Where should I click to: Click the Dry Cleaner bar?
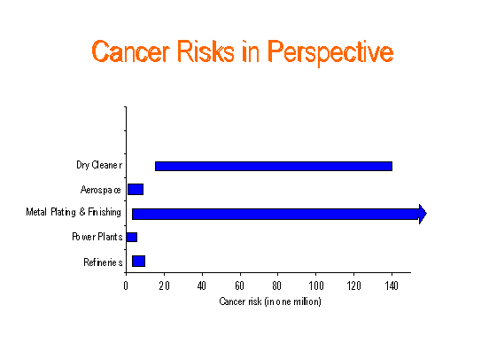(274, 166)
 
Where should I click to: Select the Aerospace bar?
(136, 189)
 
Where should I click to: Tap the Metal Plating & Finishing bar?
(275, 214)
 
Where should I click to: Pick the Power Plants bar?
(132, 237)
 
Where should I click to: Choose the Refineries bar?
(139, 261)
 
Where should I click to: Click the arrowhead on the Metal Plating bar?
(423, 214)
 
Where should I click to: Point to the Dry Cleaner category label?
(99, 165)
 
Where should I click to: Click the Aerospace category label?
(101, 190)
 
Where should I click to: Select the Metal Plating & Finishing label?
(74, 212)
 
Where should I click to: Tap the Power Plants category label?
(97, 237)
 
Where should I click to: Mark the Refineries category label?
(103, 262)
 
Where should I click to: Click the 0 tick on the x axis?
(126, 286)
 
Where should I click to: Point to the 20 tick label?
(164, 286)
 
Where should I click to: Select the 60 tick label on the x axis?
(240, 286)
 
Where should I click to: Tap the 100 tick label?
(316, 286)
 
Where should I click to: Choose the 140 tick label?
(392, 286)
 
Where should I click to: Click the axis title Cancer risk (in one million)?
(270, 301)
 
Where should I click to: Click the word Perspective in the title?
(330, 53)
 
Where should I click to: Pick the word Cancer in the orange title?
(131, 51)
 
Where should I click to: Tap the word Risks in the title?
(206, 51)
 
